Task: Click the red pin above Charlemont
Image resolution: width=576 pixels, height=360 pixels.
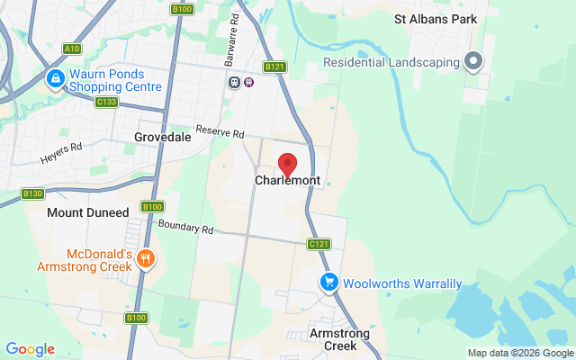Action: point(287,165)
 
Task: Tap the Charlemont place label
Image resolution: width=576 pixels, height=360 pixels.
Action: point(287,181)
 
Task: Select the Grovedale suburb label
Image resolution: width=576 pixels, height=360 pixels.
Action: point(162,138)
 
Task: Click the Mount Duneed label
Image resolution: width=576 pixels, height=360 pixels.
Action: point(88,212)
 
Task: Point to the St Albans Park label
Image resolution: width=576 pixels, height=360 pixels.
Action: point(435,18)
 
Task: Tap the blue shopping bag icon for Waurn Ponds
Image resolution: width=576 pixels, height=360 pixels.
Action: point(56,79)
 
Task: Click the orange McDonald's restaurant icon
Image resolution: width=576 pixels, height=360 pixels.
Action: point(146,259)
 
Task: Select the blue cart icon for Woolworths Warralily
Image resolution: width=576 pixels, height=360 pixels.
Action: point(330,283)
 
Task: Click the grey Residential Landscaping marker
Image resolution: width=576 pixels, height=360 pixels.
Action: point(474,62)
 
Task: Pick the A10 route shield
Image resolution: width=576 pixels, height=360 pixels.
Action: point(72,49)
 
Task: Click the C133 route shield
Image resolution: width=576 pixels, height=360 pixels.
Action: point(106,102)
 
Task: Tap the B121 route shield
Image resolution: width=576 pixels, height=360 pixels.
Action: point(274,67)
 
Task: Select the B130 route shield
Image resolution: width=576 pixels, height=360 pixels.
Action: point(33,193)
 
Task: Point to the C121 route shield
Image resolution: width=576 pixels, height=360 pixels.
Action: point(319,244)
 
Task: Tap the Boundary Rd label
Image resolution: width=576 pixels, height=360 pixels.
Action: point(185,228)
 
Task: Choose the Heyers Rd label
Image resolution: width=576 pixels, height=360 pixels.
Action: point(61,153)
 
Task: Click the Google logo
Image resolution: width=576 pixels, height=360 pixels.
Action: point(30,349)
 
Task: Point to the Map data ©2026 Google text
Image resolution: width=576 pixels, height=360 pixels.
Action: point(520,353)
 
